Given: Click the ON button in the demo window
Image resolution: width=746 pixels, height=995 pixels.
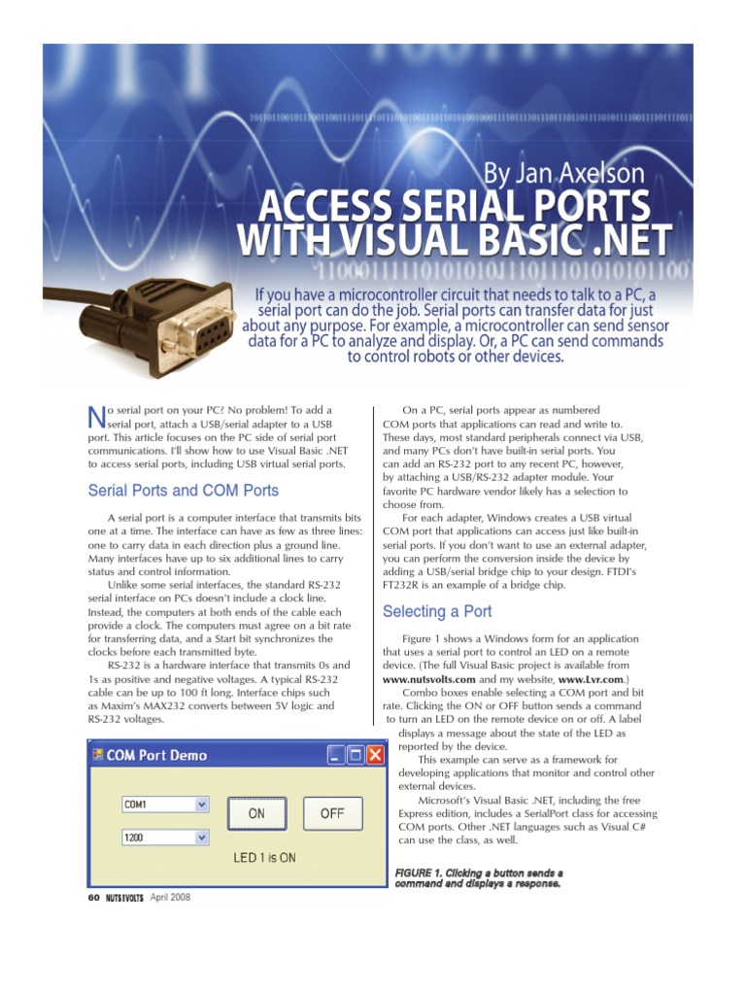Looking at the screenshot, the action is click(x=255, y=813).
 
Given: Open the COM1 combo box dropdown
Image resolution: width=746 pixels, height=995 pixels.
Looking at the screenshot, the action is click(x=202, y=805).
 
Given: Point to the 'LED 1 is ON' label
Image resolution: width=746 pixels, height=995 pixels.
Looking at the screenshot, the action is click(x=264, y=858).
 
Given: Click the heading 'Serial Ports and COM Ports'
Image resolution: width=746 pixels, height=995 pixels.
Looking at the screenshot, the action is click(x=183, y=491).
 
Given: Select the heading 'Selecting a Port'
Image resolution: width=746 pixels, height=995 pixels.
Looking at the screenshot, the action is click(x=437, y=611).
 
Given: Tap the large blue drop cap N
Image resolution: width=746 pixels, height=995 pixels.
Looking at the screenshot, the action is click(x=95, y=417).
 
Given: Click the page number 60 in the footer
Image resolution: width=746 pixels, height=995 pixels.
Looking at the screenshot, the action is click(x=93, y=897).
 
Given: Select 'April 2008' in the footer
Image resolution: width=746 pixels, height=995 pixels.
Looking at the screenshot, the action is click(x=170, y=897).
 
